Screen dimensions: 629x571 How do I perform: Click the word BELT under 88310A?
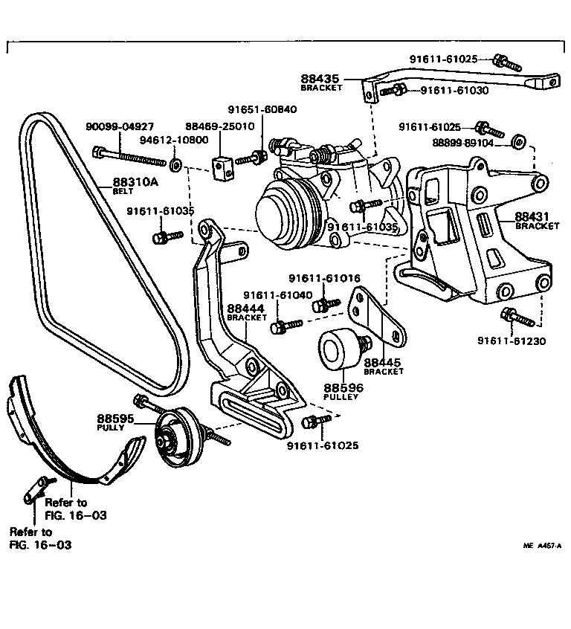point(123,191)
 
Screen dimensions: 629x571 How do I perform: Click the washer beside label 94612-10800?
point(176,162)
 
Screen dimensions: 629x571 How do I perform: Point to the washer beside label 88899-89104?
point(520,141)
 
